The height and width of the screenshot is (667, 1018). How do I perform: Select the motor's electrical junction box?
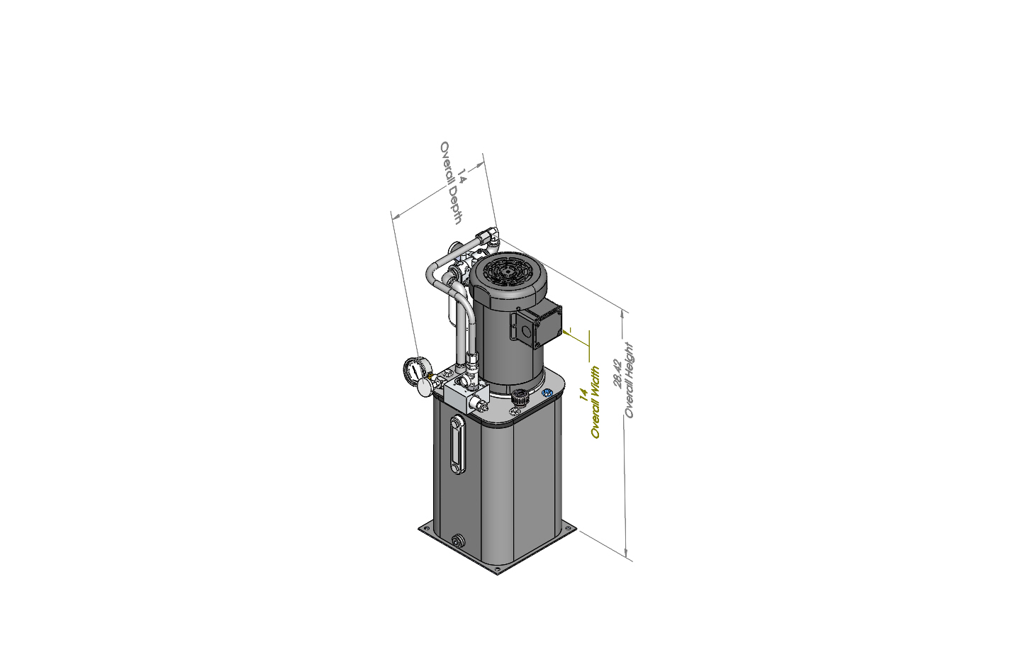click(x=539, y=325)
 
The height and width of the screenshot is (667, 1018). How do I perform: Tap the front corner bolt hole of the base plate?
click(x=497, y=568)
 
